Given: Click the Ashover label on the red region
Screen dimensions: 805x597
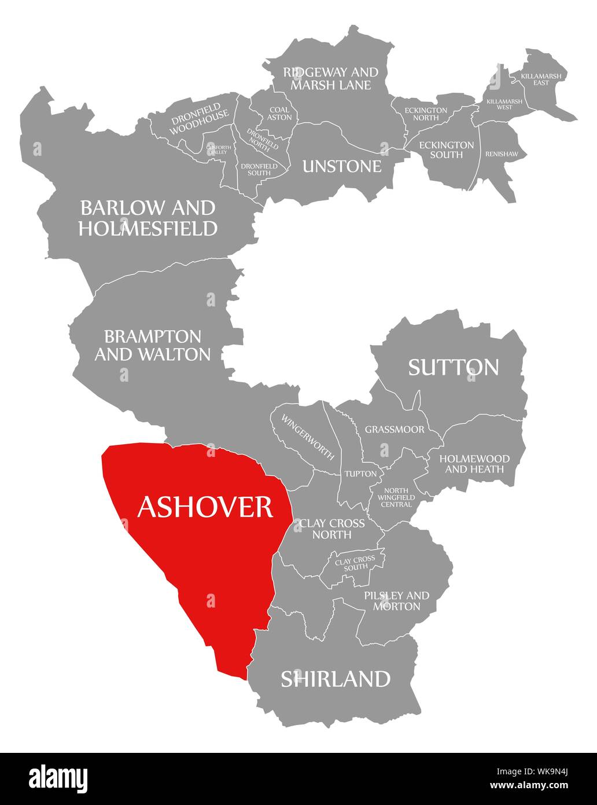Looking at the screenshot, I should [x=205, y=507].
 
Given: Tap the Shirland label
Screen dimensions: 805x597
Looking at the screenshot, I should [x=336, y=678].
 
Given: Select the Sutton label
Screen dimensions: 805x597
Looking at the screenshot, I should [x=453, y=367].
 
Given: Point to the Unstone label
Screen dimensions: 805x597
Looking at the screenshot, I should [x=342, y=166].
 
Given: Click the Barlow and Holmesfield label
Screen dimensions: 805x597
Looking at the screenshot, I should [x=148, y=218].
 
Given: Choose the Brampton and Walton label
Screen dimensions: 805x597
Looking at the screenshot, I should [x=153, y=345].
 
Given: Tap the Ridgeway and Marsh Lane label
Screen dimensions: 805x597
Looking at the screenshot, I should [x=330, y=79].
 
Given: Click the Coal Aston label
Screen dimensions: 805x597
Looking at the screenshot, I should [x=279, y=113].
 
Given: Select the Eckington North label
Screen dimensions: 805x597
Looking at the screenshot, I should [x=426, y=114].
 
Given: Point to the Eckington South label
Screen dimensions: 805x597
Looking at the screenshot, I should [x=446, y=149].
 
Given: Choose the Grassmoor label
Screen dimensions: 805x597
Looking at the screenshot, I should [x=394, y=430].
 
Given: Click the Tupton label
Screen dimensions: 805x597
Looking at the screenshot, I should [x=360, y=474].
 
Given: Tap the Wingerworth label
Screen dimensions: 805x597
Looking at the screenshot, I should [x=308, y=437].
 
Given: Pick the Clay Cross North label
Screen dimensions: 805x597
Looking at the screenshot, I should [x=331, y=529].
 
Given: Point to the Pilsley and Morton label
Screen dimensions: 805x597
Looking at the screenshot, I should [x=396, y=601].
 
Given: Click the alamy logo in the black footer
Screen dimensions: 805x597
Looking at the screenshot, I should [x=58, y=778].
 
